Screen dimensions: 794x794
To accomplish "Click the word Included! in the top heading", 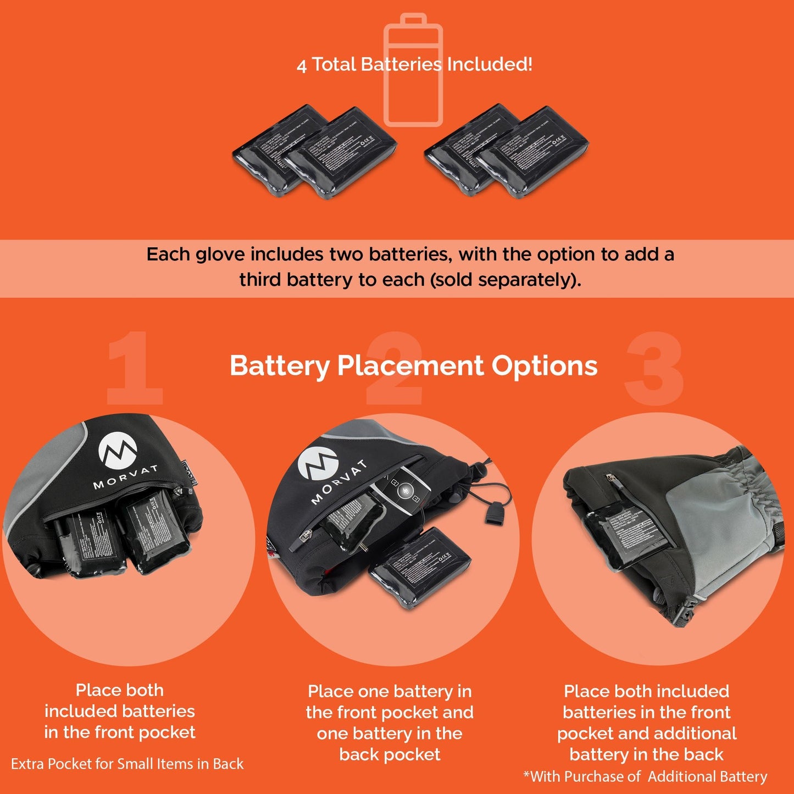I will coord(489,64).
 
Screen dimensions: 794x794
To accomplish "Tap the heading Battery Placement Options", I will coord(413,366).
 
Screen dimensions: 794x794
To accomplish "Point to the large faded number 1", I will coord(134,368).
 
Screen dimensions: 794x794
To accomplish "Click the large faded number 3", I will coord(654,368).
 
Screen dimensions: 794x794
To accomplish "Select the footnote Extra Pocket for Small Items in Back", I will coord(127,764).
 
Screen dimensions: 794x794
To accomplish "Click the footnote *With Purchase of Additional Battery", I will coord(645,776).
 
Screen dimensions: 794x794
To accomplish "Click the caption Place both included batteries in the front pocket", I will coord(120,711).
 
